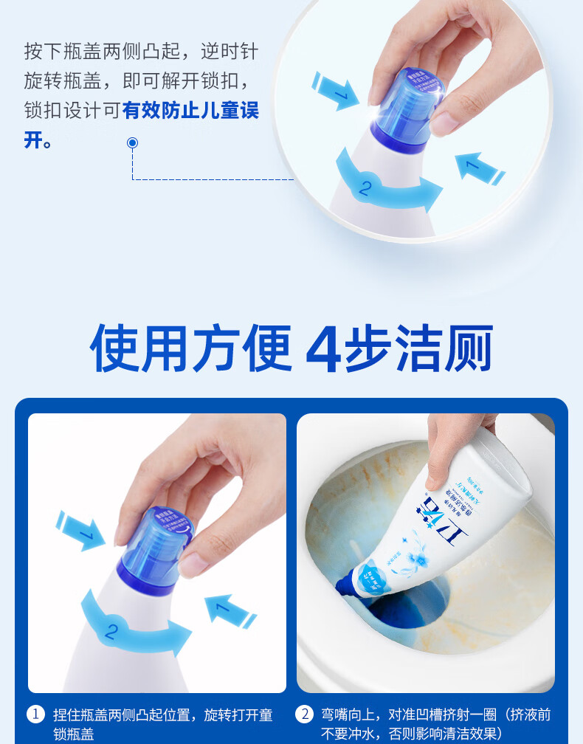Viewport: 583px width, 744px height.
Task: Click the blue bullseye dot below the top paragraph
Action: pyautogui.click(x=132, y=142)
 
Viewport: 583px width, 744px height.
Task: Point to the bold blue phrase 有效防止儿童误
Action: pyautogui.click(x=191, y=111)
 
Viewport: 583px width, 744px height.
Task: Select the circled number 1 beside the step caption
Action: pyautogui.click(x=35, y=714)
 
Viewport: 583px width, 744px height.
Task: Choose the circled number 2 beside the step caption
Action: pyautogui.click(x=304, y=714)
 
